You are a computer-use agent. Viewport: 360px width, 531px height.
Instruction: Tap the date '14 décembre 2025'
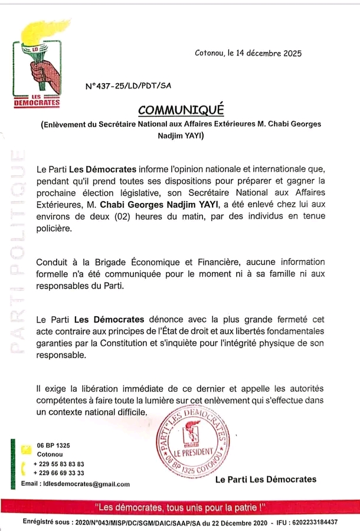(269, 53)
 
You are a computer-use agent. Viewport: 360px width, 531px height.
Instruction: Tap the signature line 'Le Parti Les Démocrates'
(266, 480)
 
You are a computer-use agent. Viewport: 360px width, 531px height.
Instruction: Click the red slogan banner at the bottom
(180, 507)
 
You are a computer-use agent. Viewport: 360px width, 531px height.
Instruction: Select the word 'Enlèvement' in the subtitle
(63, 124)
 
